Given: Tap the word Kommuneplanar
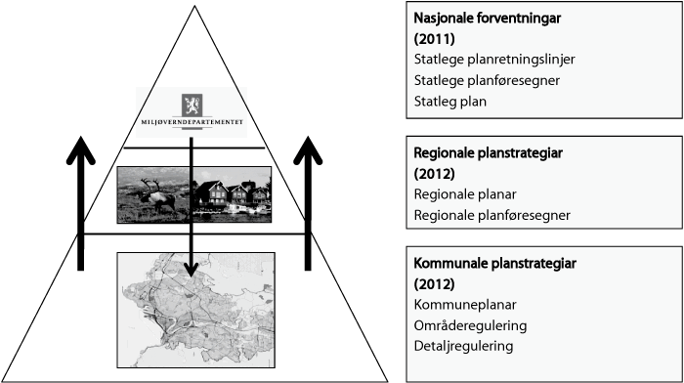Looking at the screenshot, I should [x=459, y=305].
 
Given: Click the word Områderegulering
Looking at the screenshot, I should [x=469, y=325].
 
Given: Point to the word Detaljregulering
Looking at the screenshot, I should [x=462, y=346].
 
